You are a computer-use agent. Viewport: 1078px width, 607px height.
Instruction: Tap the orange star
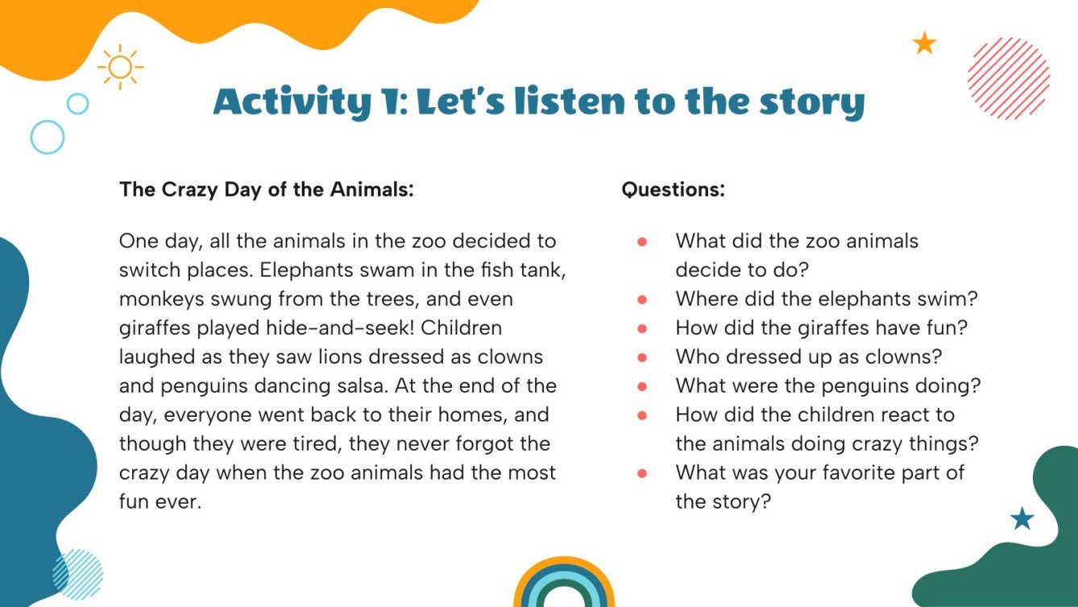(x=924, y=43)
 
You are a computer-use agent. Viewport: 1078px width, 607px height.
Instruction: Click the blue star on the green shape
(x=1022, y=518)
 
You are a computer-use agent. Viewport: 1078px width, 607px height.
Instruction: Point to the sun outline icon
(x=120, y=67)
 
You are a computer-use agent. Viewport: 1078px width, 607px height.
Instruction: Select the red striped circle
(x=1008, y=78)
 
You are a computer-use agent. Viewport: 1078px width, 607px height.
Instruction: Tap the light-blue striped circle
(x=77, y=574)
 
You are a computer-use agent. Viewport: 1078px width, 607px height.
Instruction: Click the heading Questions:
(x=673, y=190)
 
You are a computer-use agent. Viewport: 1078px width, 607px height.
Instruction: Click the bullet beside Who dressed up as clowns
(x=642, y=357)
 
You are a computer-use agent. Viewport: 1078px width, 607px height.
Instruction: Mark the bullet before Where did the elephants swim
(x=642, y=299)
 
